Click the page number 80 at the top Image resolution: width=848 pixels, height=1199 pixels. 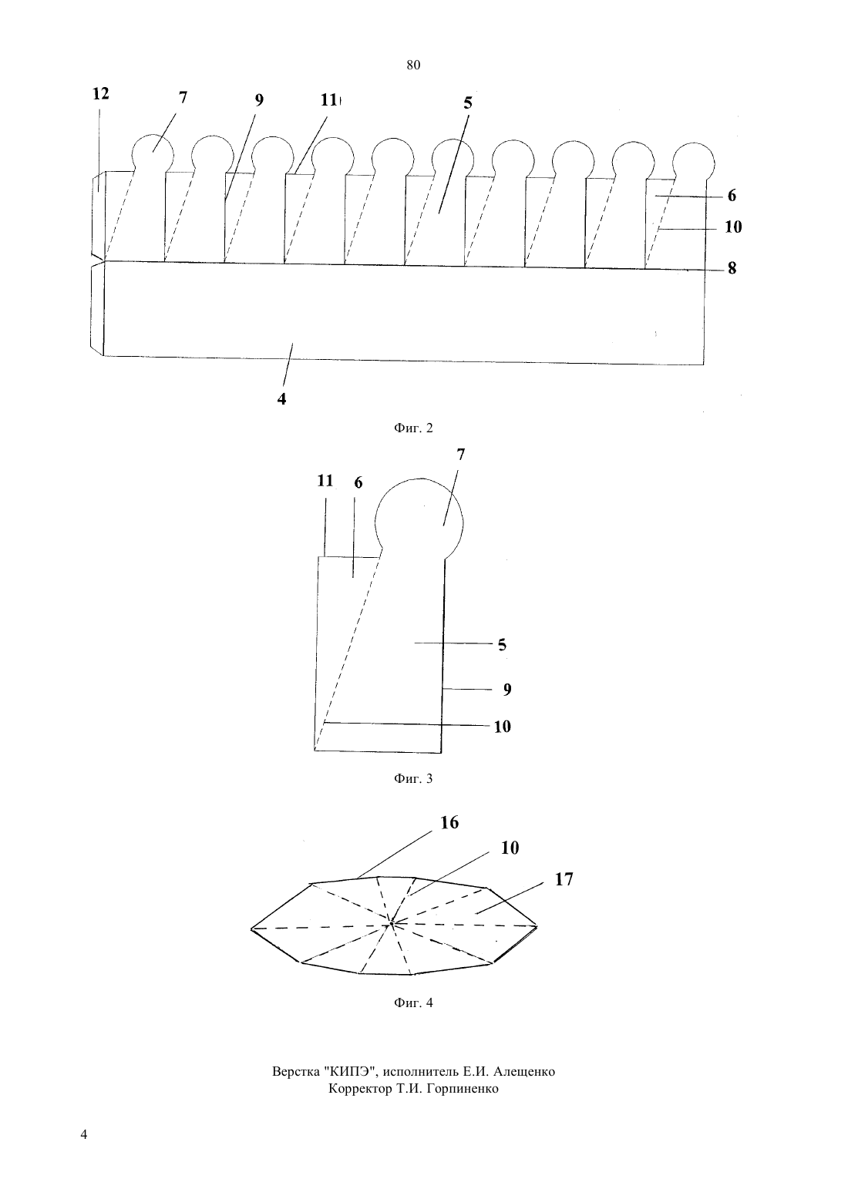[413, 65]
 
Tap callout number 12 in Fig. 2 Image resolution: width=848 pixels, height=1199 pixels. [101, 94]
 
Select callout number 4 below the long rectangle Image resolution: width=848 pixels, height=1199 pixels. [281, 399]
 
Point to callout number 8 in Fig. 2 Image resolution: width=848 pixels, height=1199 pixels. [732, 268]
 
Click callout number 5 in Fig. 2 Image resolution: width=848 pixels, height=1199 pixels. [468, 102]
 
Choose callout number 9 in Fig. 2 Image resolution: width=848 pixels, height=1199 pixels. [259, 100]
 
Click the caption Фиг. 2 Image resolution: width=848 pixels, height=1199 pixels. [413, 428]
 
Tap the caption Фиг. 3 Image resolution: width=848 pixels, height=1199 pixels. [413, 779]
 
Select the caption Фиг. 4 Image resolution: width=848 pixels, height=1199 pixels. [413, 1003]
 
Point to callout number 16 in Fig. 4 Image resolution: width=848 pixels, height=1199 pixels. [449, 823]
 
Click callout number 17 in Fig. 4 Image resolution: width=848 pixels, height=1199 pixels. [564, 879]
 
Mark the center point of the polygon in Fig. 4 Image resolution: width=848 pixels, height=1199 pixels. [392, 923]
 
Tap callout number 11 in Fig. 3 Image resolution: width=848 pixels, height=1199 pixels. [325, 481]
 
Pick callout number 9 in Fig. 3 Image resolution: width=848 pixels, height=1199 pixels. [507, 690]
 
